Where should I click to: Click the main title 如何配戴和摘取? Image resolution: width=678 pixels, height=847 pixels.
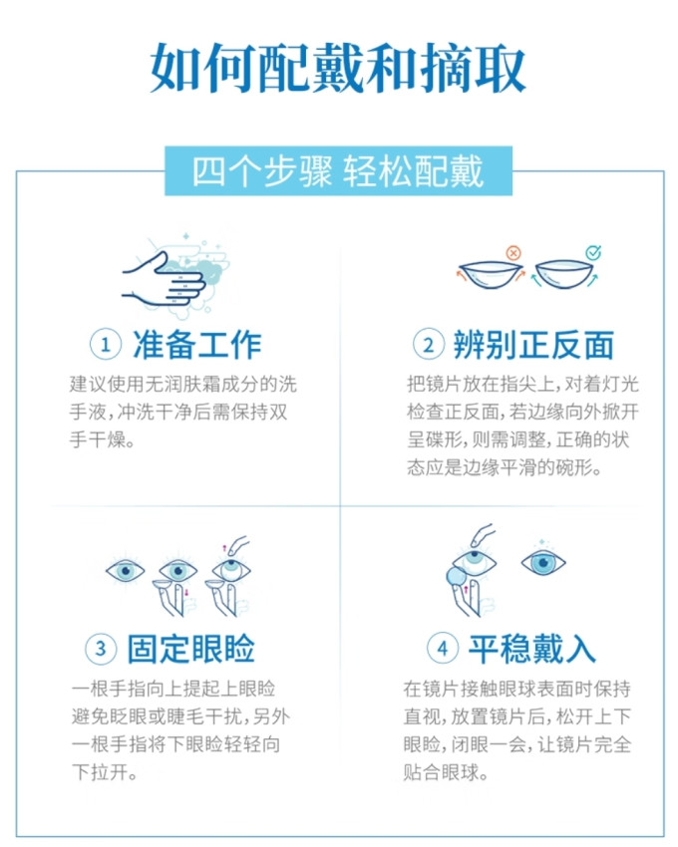point(338,68)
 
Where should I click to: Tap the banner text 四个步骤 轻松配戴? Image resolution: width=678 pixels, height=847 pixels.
point(338,171)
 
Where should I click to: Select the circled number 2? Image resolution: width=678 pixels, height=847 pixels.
point(429,345)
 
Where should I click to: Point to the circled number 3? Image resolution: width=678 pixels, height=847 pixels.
point(101,650)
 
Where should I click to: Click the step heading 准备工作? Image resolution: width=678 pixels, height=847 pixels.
point(195,345)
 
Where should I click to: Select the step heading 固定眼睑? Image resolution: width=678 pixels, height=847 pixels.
point(190,650)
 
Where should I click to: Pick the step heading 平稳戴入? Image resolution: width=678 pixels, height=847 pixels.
point(531,650)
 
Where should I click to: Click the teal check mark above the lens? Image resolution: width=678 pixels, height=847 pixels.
point(592,253)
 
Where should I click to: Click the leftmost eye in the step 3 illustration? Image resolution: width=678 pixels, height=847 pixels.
point(127,571)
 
